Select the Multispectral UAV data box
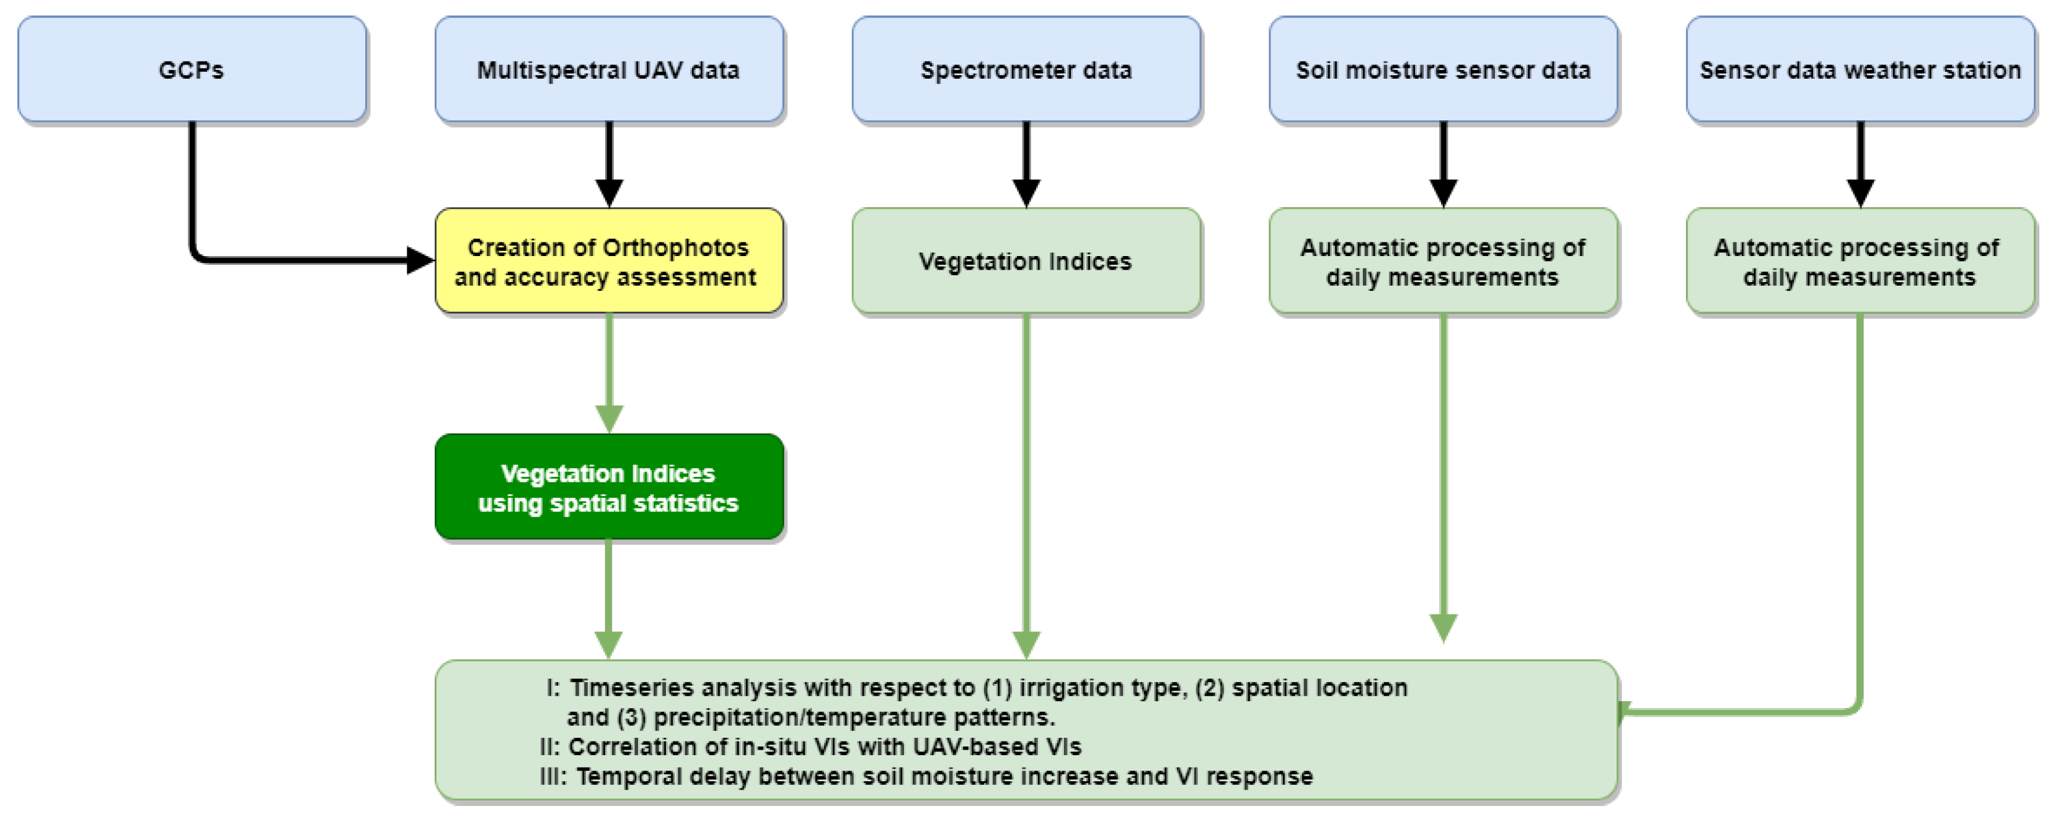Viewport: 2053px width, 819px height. coord(609,70)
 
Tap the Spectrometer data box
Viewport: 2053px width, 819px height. coord(1026,70)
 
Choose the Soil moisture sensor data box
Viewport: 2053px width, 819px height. coord(1442,70)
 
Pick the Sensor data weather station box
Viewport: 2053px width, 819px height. coord(1860,70)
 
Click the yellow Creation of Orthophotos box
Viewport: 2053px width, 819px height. coord(609,261)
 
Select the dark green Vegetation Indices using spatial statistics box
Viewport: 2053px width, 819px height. coord(609,487)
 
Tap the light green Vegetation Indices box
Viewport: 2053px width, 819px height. coord(1026,261)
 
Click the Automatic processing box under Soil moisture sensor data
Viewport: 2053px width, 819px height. coord(1442,261)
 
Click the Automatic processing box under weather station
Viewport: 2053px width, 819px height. coord(1860,261)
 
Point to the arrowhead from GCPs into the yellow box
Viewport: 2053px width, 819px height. coord(419,260)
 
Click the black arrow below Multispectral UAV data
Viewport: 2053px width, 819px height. coord(609,163)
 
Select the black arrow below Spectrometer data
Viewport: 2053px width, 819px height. coord(1026,163)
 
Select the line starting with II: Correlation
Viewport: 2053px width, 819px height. coord(810,747)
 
